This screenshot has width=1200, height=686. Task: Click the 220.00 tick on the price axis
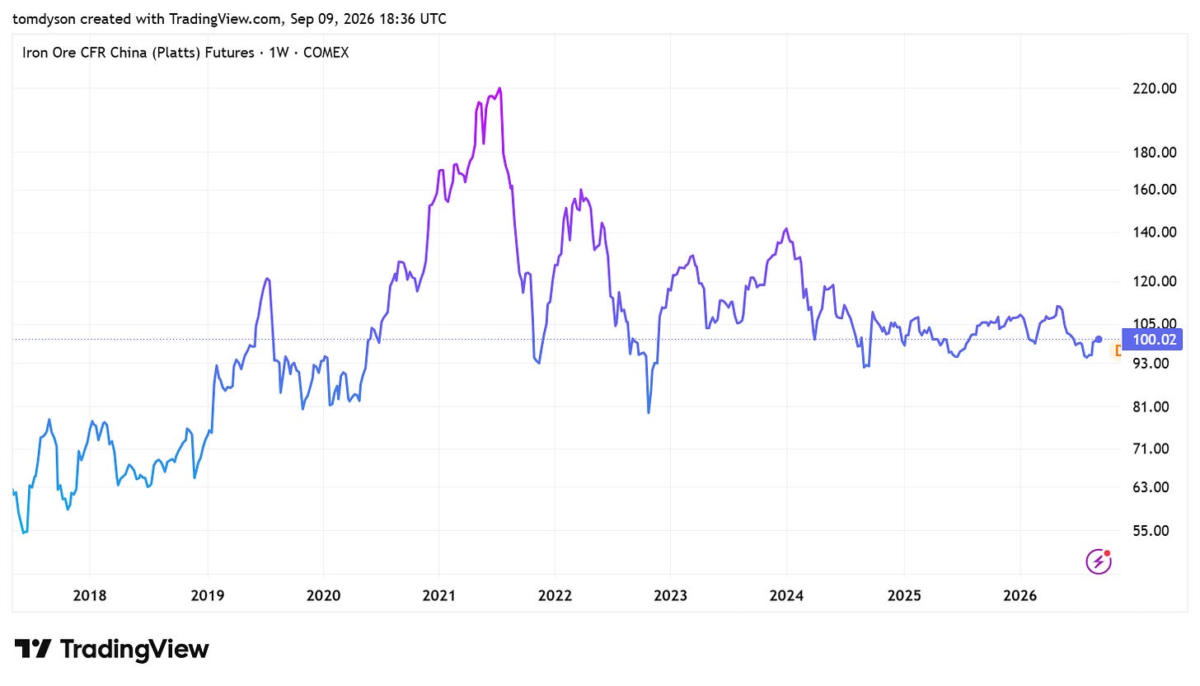click(x=1155, y=88)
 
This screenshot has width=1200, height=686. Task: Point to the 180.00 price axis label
click(x=1155, y=153)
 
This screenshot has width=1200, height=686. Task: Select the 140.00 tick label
click(x=1155, y=233)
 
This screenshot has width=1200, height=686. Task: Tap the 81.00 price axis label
click(x=1151, y=406)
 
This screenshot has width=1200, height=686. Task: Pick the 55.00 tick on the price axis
click(x=1151, y=531)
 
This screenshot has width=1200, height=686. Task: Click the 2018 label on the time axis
click(x=90, y=595)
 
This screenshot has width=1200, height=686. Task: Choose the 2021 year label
click(x=438, y=595)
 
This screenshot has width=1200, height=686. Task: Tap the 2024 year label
click(x=786, y=595)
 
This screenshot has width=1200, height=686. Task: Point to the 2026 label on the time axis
click(x=1020, y=595)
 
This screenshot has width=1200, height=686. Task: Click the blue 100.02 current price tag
click(x=1152, y=340)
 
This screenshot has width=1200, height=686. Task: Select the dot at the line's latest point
click(x=1098, y=339)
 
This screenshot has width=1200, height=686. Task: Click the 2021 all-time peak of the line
click(x=499, y=88)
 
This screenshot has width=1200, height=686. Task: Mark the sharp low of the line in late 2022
click(x=649, y=412)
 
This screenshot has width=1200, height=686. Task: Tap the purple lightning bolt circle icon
click(x=1099, y=561)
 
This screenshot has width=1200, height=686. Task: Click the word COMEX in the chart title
click(x=326, y=53)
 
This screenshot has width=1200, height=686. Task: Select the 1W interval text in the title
click(x=279, y=53)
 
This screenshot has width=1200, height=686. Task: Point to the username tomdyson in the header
click(x=45, y=19)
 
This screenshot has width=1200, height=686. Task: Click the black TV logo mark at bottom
click(x=33, y=648)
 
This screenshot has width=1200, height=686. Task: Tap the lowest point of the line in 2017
click(x=24, y=533)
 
